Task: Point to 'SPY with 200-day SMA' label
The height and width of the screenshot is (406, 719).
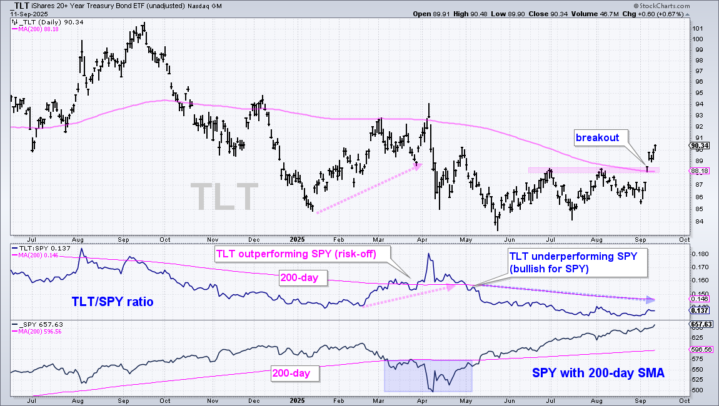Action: (598, 374)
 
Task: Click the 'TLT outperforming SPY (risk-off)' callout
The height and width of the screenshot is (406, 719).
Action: (302, 254)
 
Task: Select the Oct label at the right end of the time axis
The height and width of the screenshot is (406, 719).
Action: (684, 239)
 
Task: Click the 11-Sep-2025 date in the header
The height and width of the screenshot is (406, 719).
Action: (24, 14)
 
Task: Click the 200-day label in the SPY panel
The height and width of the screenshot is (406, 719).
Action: (294, 374)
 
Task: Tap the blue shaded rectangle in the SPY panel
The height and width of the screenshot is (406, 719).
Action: (428, 375)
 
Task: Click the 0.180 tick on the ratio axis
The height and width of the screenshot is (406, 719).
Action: (699, 254)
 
